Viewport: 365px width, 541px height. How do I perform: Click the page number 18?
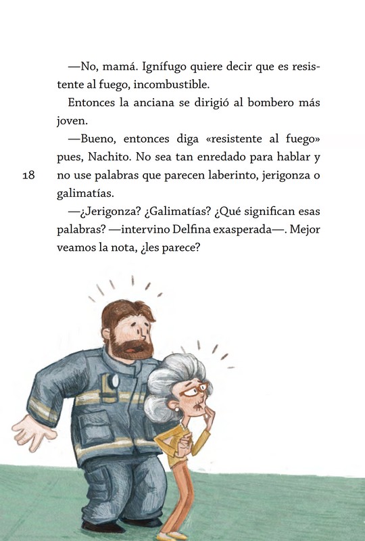click(28, 175)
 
